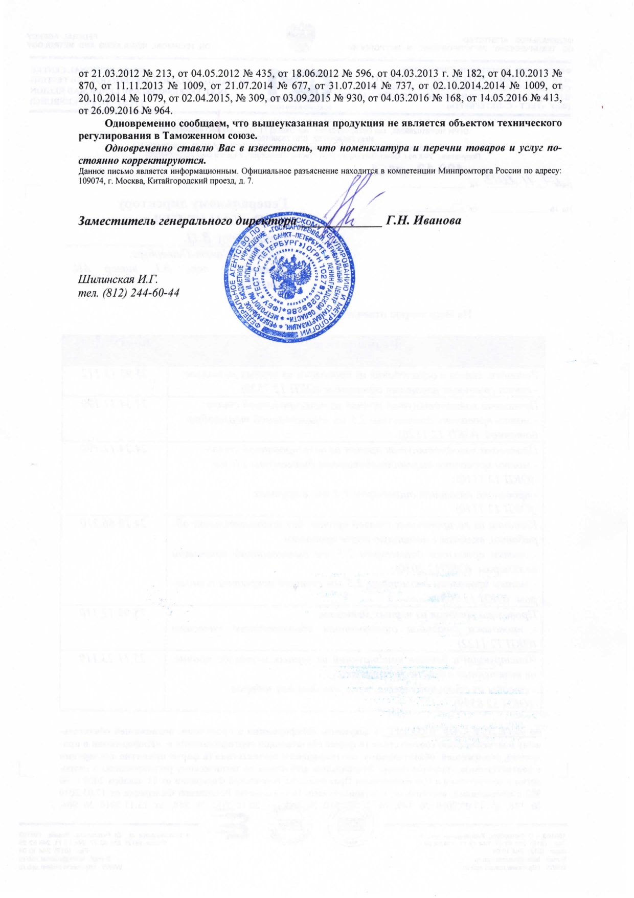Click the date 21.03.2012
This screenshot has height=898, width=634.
[112, 73]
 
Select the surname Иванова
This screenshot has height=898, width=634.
[440, 221]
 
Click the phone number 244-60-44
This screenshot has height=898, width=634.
[153, 293]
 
